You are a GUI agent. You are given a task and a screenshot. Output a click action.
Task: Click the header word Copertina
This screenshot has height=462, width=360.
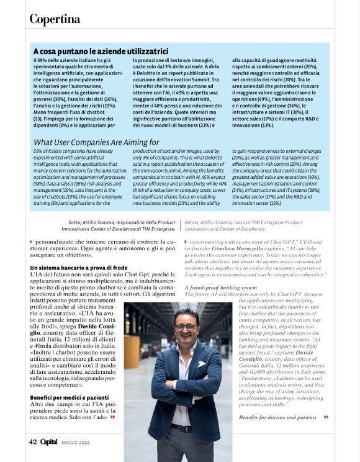[x=55, y=19]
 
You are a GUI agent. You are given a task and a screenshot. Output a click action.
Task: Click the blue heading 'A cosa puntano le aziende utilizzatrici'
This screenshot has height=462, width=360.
[x=101, y=51]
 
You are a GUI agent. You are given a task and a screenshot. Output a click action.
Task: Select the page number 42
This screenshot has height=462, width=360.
[x=33, y=442]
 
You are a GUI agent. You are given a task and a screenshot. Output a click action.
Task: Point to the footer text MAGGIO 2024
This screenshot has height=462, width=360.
[x=76, y=442]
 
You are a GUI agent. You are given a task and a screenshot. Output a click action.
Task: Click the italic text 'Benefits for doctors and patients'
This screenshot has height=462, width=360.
[x=277, y=417]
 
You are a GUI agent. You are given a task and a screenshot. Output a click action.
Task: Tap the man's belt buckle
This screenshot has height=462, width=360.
[x=182, y=428]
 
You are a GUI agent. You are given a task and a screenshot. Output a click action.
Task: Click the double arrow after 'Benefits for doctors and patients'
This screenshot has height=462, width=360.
[x=326, y=417]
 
